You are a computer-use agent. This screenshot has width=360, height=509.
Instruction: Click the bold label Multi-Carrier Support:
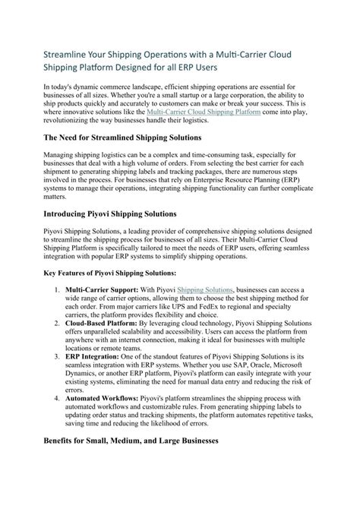(99, 289)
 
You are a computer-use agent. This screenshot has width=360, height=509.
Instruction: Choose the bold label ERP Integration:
(92, 357)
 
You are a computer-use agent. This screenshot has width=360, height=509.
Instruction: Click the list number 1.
(58, 289)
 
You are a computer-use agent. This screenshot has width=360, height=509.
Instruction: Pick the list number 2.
(58, 324)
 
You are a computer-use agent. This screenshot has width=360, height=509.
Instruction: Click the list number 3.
(58, 357)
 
